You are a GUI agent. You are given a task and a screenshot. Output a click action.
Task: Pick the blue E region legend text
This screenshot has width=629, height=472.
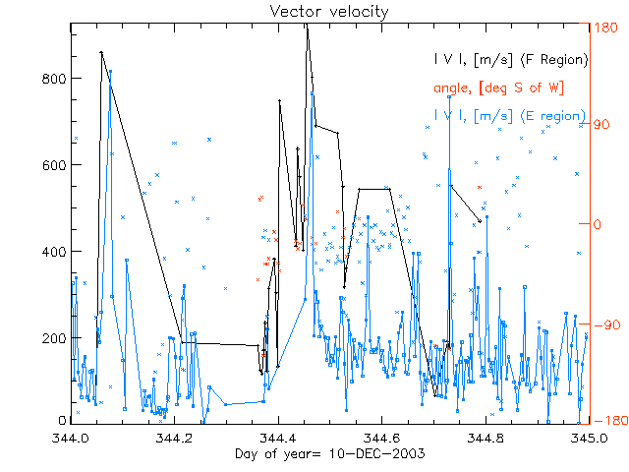(x=510, y=116)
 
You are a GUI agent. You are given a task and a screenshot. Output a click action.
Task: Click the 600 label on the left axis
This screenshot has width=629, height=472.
(x=54, y=165)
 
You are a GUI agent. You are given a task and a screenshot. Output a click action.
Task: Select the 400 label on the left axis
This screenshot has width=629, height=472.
(x=54, y=252)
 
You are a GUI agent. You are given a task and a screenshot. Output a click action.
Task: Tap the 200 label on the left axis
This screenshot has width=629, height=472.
(x=54, y=338)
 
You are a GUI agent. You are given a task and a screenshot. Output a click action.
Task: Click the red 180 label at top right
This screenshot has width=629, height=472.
(x=607, y=29)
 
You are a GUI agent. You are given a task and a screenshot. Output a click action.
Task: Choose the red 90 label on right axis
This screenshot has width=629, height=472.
(x=604, y=126)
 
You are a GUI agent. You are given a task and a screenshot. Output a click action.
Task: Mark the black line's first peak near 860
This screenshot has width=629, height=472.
(x=101, y=52)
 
